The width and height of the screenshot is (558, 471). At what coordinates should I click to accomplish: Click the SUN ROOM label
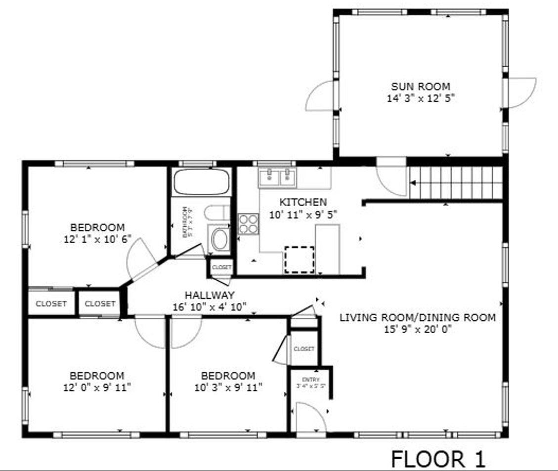(421, 87)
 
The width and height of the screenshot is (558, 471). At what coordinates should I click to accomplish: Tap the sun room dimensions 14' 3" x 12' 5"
(421, 98)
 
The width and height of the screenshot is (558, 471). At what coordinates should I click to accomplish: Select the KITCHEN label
(303, 202)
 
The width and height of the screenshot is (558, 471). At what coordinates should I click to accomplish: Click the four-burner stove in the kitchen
(248, 223)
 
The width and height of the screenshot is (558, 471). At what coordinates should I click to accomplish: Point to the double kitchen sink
(277, 176)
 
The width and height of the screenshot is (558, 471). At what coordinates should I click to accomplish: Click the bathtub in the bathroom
(202, 182)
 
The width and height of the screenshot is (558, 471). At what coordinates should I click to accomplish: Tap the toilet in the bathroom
(216, 213)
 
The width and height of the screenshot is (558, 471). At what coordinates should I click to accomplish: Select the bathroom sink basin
(220, 239)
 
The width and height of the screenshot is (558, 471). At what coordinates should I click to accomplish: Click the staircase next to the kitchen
(455, 183)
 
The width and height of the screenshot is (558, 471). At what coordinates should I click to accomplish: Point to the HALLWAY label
(210, 296)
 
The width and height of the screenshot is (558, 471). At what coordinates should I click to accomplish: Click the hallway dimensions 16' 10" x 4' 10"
(210, 307)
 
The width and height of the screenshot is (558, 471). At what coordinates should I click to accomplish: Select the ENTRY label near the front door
(311, 380)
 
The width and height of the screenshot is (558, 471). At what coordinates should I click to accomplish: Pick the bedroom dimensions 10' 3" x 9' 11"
(228, 387)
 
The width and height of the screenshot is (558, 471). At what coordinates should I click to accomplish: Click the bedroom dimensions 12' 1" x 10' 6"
(97, 239)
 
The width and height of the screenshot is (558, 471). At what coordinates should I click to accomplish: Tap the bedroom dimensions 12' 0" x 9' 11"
(97, 387)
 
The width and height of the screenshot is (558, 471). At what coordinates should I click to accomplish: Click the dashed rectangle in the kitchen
(300, 259)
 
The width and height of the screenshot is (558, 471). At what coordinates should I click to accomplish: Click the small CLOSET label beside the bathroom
(221, 267)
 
